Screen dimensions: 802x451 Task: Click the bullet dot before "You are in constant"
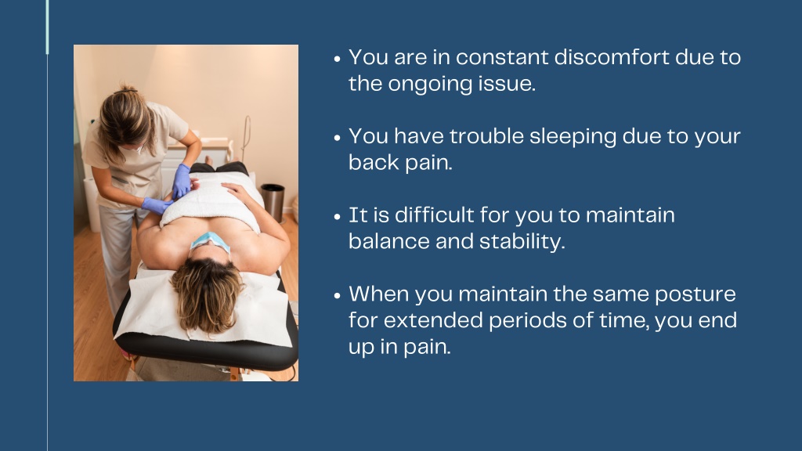tap(337, 59)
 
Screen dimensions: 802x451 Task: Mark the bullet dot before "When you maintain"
tap(337, 295)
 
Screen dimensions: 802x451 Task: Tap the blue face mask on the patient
tap(210, 241)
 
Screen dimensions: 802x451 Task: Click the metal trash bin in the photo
tap(273, 203)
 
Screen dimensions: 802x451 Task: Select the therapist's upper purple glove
tap(181, 181)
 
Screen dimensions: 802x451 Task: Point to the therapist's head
tap(125, 121)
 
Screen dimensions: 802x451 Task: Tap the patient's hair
tap(207, 294)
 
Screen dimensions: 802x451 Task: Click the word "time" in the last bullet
tap(623, 321)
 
